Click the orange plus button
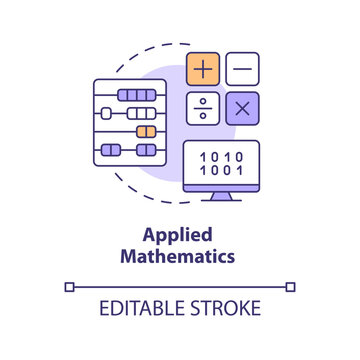click(x=203, y=69)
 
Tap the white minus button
click(x=242, y=69)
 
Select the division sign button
click(x=203, y=107)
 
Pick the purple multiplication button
click(x=242, y=107)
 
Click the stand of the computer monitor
click(x=221, y=194)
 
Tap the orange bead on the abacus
click(x=145, y=131)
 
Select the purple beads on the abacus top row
click(x=135, y=94)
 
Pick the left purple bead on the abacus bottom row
click(x=111, y=150)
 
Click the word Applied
click(x=180, y=237)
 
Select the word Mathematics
click(x=180, y=256)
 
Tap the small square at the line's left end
click(x=69, y=286)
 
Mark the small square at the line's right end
click(x=291, y=286)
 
